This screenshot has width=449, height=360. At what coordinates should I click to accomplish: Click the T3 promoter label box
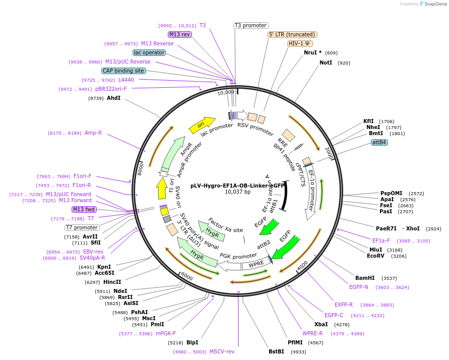pos(251,25)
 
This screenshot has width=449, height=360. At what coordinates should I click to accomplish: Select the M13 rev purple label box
pos(180,34)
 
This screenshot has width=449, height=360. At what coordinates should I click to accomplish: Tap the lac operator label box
pos(149,52)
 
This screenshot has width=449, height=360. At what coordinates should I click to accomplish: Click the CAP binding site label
pos(123,71)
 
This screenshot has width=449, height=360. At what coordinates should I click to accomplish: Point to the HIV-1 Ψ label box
pos(300,43)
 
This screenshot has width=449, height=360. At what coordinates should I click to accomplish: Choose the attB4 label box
pos(379,142)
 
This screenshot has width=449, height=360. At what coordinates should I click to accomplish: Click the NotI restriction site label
pos(326,63)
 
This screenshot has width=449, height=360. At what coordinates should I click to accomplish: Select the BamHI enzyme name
pos(365,278)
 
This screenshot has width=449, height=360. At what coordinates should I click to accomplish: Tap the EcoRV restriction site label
pos(376,256)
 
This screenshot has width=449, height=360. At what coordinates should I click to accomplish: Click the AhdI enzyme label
pos(113,98)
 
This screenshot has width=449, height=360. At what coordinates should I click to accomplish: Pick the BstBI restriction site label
pos(277,352)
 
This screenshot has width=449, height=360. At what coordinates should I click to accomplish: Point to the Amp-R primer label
pos(93,133)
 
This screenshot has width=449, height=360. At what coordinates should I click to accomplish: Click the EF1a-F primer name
pos(381,241)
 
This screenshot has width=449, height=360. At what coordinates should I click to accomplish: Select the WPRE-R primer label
pos(312,333)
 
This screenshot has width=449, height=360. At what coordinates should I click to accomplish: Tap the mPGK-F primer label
pos(166,334)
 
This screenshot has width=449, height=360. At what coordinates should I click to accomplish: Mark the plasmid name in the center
pos(237,185)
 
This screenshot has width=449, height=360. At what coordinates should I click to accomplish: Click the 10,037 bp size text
pos(237,192)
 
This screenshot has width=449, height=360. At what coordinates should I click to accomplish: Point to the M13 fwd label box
pos(84,209)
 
